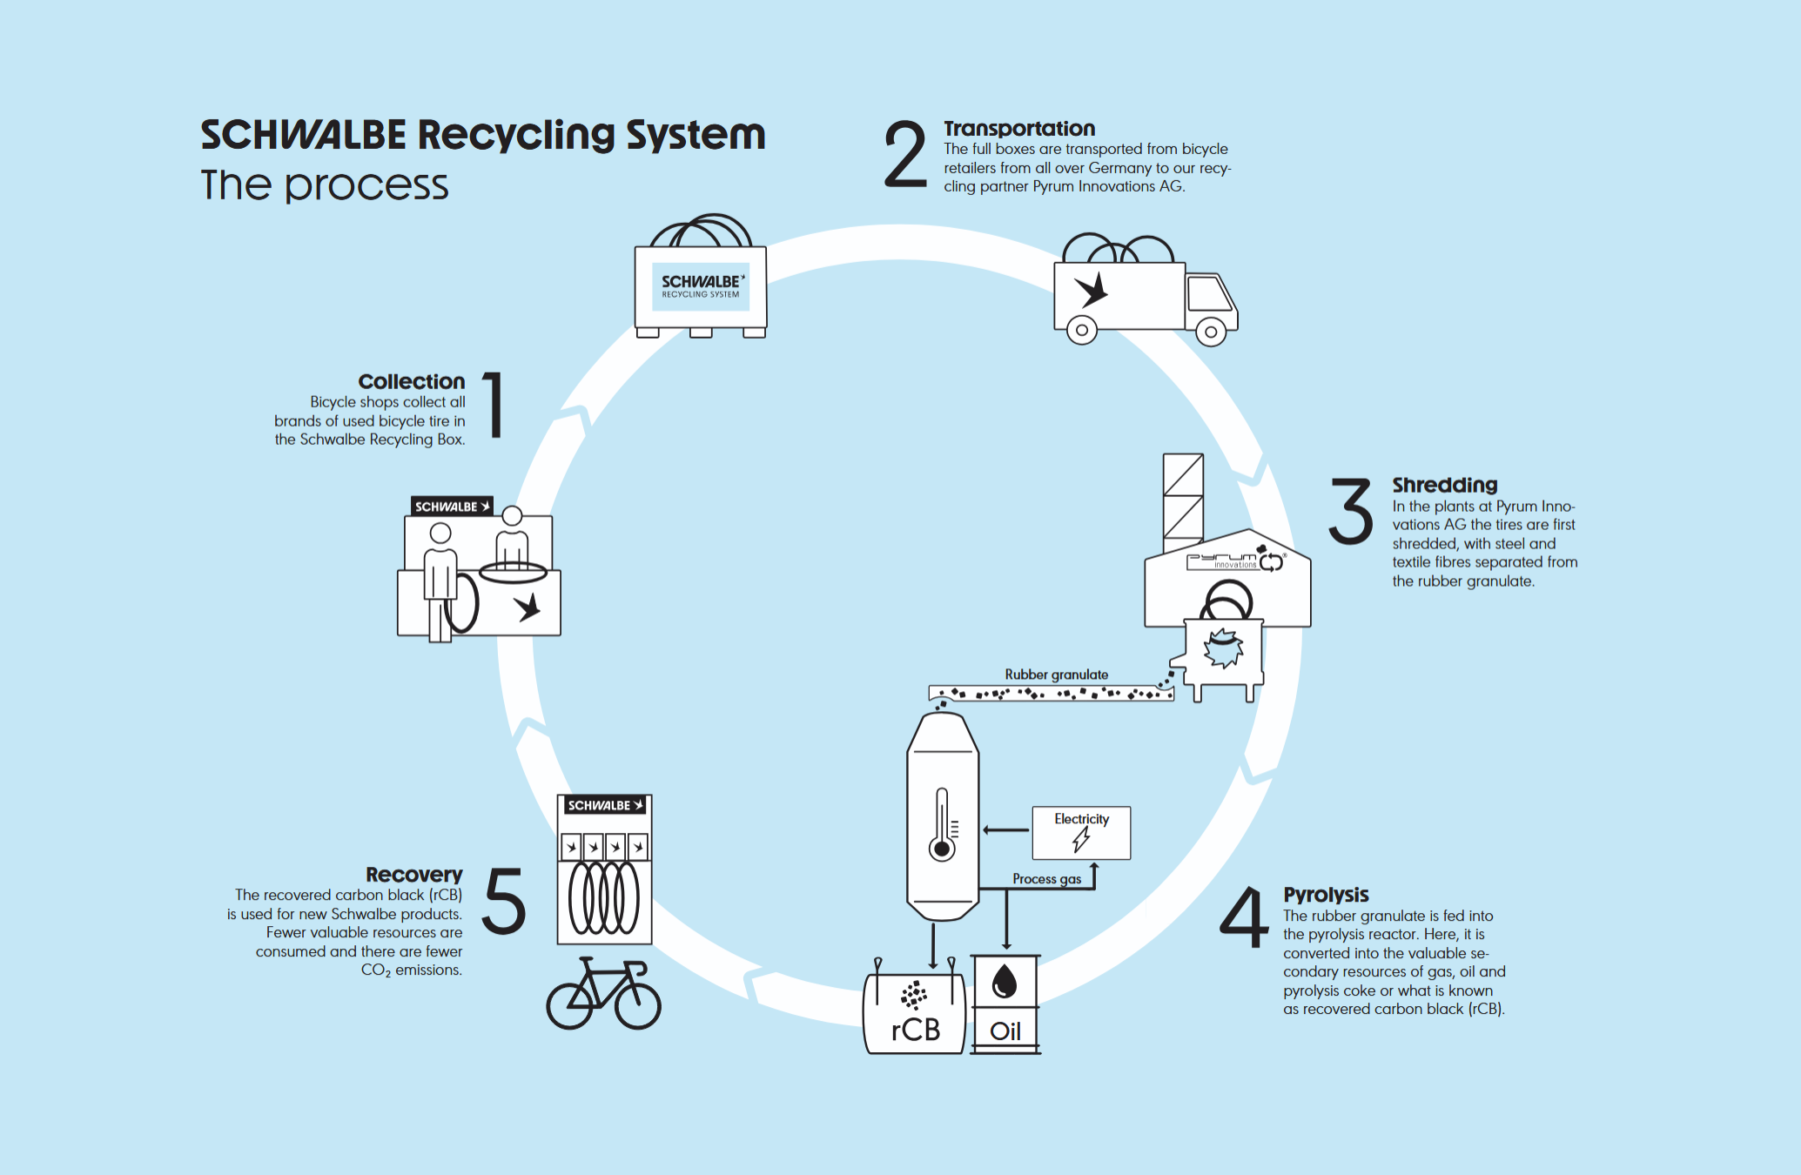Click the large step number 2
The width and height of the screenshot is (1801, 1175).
coord(905,155)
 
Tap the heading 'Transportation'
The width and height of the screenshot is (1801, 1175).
coord(1019,129)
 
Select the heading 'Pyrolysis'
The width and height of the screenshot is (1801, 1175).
coord(1326,895)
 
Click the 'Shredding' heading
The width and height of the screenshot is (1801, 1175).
coord(1444,485)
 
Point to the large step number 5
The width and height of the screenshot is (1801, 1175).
coord(504,901)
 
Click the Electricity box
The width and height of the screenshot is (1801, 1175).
coord(1081,833)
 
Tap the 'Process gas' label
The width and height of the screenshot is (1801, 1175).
coord(1046,879)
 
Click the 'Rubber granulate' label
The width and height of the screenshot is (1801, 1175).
coord(1056,675)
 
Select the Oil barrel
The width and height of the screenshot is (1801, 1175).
coord(1005,1004)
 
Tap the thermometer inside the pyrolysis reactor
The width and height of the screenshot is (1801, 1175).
coord(942,824)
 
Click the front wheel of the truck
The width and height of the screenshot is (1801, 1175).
coord(1210,332)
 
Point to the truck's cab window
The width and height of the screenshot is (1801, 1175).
coord(1209,293)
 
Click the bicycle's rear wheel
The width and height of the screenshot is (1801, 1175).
coord(569,1006)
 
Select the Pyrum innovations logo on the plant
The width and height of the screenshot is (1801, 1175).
coord(1235,561)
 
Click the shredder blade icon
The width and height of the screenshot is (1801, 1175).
coord(1223,648)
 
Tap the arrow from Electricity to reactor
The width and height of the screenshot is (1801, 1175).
coord(1005,830)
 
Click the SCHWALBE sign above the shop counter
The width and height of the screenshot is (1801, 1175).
coord(452,507)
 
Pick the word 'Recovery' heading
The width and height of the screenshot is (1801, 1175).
coord(413,875)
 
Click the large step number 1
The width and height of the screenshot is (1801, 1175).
coord(494,405)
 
